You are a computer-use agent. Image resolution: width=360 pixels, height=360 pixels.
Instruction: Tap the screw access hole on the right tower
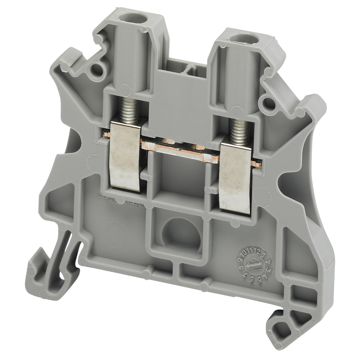243,37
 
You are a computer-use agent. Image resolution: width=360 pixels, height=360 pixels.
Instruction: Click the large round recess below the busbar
182,233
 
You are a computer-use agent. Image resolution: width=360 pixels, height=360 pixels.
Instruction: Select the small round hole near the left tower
97,69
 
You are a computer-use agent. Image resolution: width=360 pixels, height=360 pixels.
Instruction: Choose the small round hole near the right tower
269,103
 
